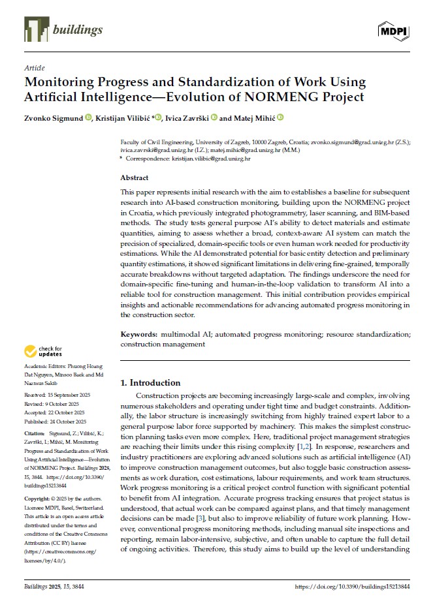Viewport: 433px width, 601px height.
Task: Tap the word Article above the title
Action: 34,68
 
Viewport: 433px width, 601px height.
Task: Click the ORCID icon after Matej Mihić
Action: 281,118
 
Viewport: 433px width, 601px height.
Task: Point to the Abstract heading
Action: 135,177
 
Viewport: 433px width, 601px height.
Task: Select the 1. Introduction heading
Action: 152,382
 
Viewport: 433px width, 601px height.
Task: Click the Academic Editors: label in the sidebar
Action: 44,367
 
